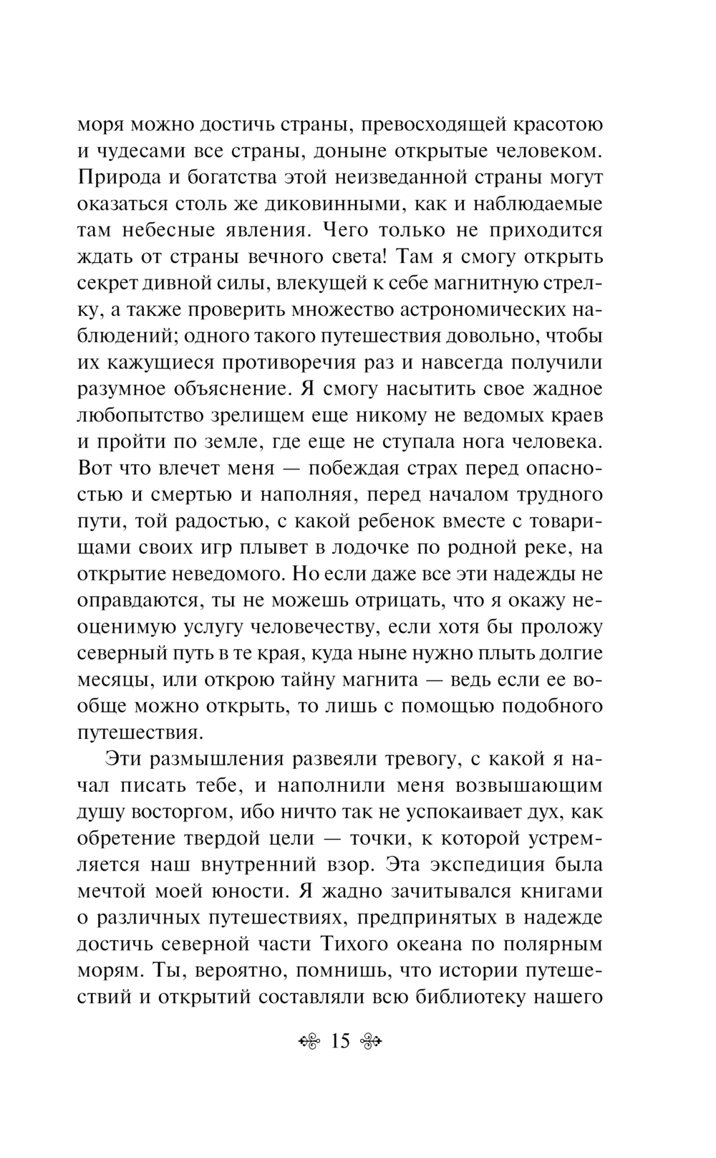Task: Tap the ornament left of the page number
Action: (x=309, y=1041)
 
